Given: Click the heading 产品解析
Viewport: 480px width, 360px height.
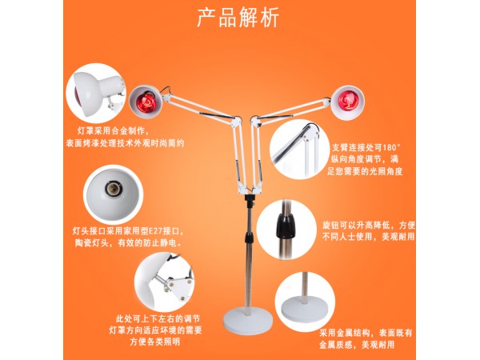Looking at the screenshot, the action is (x=238, y=18).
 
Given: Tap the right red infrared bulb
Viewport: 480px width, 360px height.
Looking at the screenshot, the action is (x=347, y=101).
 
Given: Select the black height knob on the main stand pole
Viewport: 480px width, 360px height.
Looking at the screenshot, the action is (x=250, y=237).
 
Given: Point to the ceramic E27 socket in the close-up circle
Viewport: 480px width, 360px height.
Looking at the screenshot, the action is (x=113, y=188).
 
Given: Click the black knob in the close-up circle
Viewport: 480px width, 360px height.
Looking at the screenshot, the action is (x=286, y=226).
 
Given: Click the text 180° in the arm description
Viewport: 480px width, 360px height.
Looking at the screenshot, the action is (x=391, y=148).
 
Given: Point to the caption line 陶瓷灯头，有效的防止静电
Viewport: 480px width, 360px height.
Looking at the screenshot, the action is (x=128, y=243).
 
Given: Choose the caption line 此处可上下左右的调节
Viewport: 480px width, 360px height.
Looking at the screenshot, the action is (x=158, y=319).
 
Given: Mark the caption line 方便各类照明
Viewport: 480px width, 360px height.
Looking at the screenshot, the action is (x=155, y=342).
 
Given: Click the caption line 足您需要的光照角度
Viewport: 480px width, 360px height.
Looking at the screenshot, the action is (x=365, y=171).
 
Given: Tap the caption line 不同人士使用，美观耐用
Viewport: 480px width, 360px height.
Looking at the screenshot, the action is (x=369, y=237).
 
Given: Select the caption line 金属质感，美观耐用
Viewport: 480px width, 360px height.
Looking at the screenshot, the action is (x=358, y=345).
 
